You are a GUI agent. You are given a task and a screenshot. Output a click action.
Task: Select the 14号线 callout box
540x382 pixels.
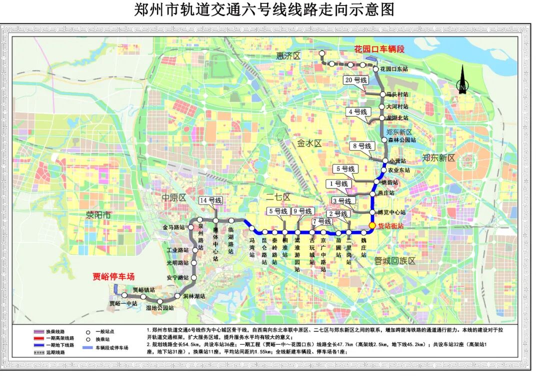pos(210,201)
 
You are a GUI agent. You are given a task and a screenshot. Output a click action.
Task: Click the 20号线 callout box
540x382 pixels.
pos(356,80)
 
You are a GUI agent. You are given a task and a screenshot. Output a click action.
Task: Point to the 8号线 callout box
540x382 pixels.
pos(362,146)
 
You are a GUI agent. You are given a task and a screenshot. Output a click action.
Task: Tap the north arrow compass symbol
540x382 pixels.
pos(462,80)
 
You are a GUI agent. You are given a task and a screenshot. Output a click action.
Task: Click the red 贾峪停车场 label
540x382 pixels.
pos(114,276)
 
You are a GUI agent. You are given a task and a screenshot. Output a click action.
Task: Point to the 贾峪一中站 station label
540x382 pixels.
pos(123,303)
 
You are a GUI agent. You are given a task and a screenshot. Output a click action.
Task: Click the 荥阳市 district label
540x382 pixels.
pos(98,216)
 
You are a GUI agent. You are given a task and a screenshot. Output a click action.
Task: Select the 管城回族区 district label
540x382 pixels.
pos(395,261)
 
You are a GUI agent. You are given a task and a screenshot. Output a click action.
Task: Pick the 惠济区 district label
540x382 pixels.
pos(288,55)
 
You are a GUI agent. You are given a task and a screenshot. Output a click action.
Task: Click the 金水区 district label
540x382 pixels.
pos(309,143)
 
